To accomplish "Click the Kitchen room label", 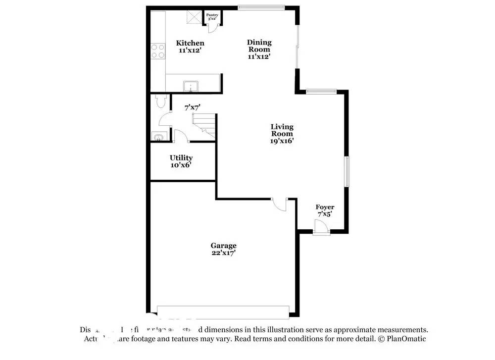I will click(191, 43).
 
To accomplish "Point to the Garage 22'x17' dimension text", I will click(223, 253).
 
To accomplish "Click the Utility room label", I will click(181, 158).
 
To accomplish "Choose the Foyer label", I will click(325, 207).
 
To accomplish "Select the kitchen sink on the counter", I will click(191, 86).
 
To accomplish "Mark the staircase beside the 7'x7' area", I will click(205, 124).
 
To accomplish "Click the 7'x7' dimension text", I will click(192, 106).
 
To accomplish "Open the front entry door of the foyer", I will click(320, 227).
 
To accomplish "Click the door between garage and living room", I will click(279, 204).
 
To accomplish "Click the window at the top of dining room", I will click(261, 7).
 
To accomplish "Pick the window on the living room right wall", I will click(347, 171).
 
